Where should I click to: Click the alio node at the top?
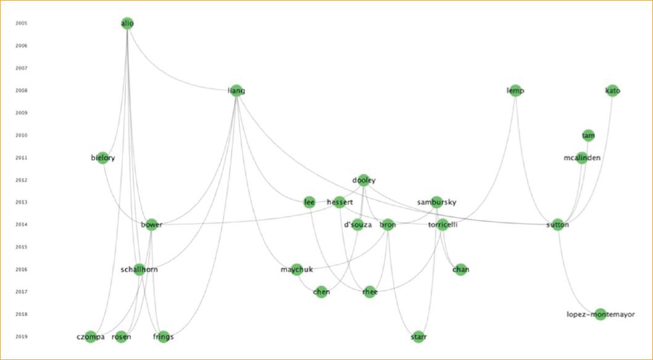click(127, 23)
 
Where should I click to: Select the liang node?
click(236, 91)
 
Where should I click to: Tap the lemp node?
click(515, 91)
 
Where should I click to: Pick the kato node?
click(612, 91)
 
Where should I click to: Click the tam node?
click(588, 135)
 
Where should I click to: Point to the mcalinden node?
click(581, 158)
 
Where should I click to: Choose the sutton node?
click(558, 225)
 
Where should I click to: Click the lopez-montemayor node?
click(601, 314)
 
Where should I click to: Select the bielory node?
click(102, 158)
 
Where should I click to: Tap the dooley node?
click(364, 180)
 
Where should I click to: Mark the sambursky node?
click(437, 203)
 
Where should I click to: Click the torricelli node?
click(443, 225)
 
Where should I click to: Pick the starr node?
click(418, 337)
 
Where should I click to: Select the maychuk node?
click(296, 269)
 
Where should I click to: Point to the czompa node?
click(91, 337)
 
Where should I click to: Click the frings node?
click(164, 337)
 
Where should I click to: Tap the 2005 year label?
click(21, 23)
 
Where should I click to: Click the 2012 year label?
click(21, 180)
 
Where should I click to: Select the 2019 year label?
click(21, 337)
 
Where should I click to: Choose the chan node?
click(460, 269)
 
